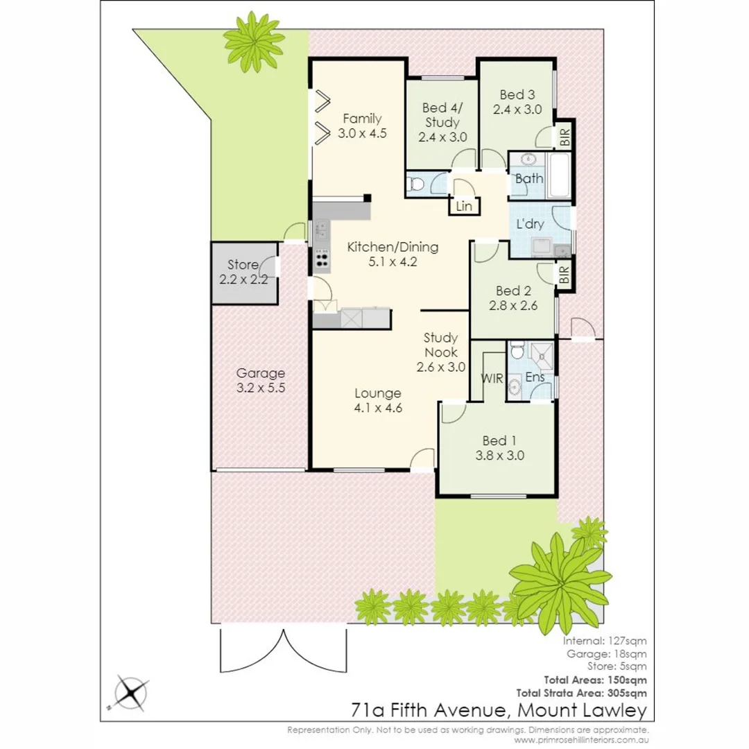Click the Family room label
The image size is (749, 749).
click(361, 119)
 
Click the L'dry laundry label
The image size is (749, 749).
click(530, 224)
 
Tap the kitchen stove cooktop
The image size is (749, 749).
click(322, 258)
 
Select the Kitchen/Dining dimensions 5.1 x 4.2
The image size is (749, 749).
click(393, 261)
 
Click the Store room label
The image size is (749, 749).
click(243, 264)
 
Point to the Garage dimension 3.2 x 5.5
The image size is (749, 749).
click(259, 388)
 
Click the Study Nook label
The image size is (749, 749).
click(440, 345)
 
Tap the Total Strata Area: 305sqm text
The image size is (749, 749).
click(582, 692)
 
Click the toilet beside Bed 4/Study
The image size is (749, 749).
click(415, 184)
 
